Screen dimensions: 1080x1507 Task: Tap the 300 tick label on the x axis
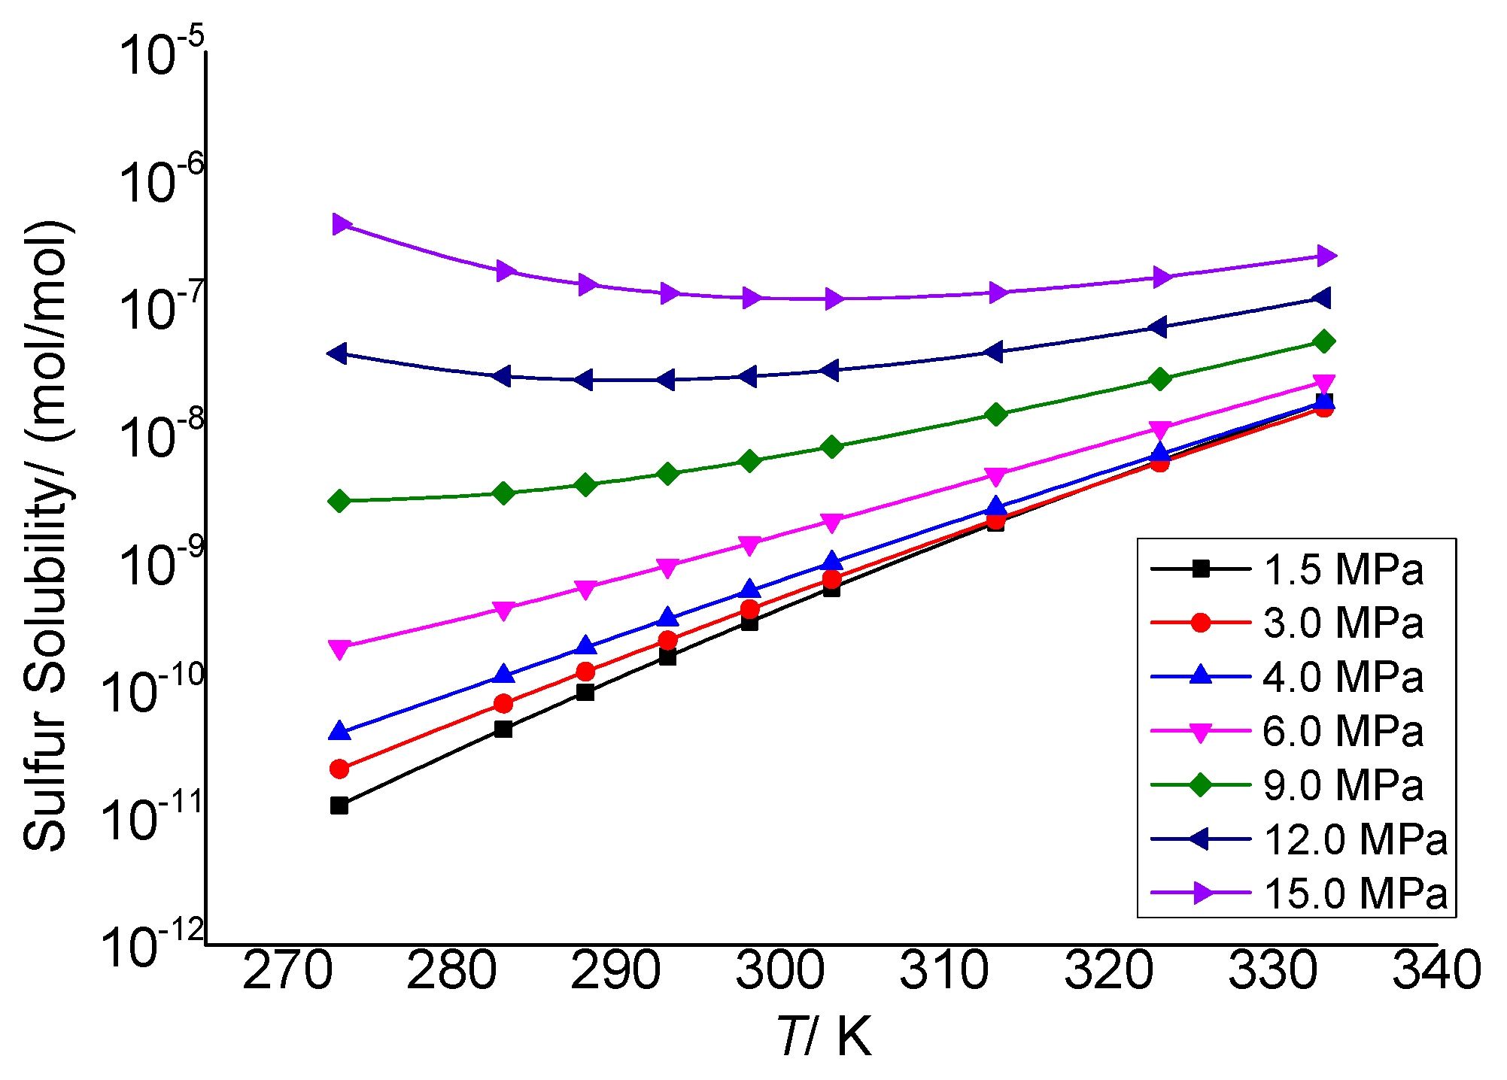(x=779, y=970)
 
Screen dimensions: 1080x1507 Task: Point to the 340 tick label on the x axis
(x=1436, y=970)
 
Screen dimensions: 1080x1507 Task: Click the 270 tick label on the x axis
(x=287, y=970)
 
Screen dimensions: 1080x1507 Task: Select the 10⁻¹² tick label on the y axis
(x=152, y=946)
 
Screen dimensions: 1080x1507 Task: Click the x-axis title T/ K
(x=824, y=1037)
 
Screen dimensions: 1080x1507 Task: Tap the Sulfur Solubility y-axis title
(x=47, y=536)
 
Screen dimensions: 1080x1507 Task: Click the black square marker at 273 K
(x=339, y=805)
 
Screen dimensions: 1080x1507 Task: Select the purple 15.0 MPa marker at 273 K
(x=341, y=223)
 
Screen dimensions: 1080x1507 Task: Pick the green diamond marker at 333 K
(x=1324, y=341)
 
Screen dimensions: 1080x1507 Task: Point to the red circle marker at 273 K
(x=339, y=769)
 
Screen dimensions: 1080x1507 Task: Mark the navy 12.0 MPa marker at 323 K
(x=1159, y=326)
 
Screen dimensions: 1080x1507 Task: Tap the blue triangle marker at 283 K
(x=504, y=674)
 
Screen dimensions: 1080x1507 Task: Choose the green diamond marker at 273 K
(x=339, y=501)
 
